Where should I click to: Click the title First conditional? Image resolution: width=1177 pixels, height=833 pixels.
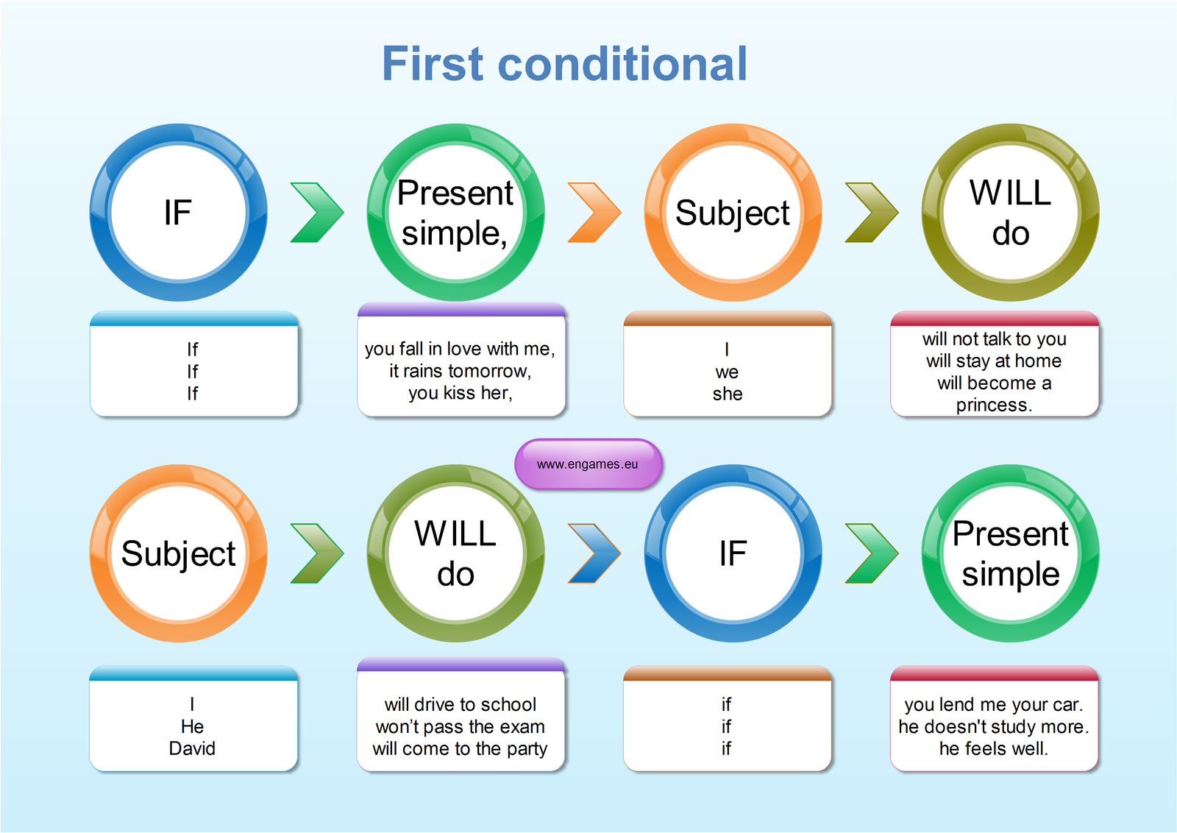point(564,64)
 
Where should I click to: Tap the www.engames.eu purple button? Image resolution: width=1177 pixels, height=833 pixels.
point(588,464)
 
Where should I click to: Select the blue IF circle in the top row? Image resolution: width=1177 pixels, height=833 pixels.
point(178,213)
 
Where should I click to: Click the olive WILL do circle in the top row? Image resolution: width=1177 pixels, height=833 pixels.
point(1010,213)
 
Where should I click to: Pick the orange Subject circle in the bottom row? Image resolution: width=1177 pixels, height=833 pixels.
point(178,553)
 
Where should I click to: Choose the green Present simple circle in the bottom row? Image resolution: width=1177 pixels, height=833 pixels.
point(1010,553)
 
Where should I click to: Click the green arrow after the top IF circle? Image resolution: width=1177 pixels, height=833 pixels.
point(316,213)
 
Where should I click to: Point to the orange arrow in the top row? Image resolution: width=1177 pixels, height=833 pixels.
point(594,213)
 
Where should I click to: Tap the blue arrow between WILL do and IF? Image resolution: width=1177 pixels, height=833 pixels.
point(594,553)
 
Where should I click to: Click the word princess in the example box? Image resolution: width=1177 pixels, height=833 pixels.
point(993,405)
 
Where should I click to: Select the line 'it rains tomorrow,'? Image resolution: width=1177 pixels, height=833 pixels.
point(460,371)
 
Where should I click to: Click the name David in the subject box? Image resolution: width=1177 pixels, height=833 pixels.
point(192,748)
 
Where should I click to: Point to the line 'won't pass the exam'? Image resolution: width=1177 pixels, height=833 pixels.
point(460,727)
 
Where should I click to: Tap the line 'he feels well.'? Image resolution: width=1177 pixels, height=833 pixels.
point(993,748)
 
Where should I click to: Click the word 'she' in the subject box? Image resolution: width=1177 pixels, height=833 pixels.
point(728,394)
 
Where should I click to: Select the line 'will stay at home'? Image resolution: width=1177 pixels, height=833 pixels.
point(994,361)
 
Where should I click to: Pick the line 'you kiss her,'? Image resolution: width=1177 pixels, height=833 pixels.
point(460,393)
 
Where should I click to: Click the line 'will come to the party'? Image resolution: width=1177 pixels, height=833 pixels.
point(460,748)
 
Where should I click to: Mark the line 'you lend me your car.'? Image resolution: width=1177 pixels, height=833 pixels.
point(993,704)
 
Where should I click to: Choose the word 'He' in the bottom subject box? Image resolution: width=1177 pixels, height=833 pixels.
point(192,726)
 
